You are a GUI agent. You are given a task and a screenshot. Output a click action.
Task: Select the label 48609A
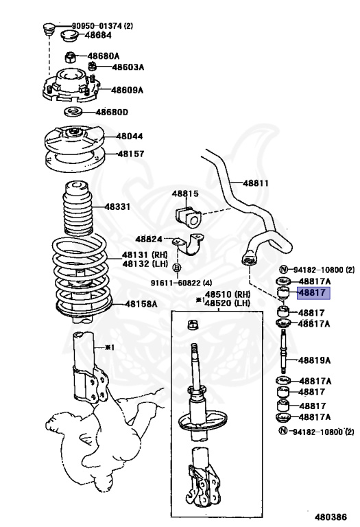coord(128,90)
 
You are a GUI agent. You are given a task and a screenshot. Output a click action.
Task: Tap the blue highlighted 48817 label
coord(313,294)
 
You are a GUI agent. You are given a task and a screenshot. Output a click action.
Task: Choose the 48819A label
coord(315,360)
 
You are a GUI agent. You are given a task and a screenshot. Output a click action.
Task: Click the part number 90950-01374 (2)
coord(103,26)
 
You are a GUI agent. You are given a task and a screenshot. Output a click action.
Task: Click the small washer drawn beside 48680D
coord(74,112)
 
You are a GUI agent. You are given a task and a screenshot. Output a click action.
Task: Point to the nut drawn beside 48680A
coord(71,56)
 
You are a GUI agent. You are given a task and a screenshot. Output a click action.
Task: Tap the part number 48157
coord(130,154)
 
